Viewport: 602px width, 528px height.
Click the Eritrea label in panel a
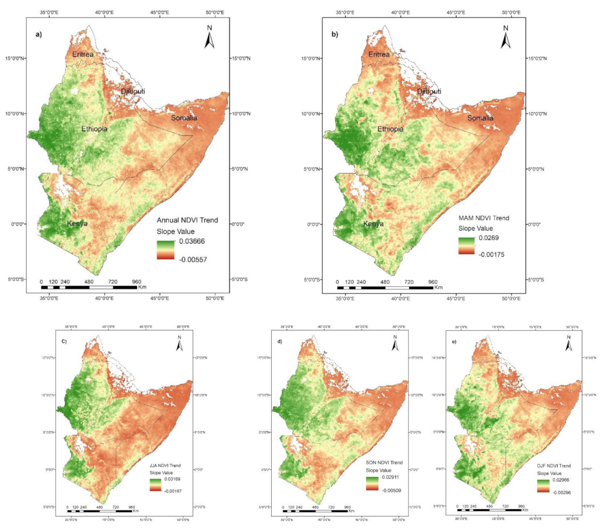click(83, 54)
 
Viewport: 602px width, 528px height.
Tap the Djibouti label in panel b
click(133, 91)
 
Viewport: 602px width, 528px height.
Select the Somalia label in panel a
click(184, 118)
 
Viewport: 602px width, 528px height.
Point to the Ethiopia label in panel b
click(390, 129)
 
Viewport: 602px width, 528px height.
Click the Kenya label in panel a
click(77, 223)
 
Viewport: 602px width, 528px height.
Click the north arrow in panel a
click(209, 37)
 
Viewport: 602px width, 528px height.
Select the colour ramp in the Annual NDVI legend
click(166, 250)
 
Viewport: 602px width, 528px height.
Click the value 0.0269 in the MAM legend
click(489, 238)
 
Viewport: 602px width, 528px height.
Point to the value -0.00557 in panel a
click(193, 259)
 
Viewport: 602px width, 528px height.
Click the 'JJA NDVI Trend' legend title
click(165, 465)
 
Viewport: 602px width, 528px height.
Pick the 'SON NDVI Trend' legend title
click(384, 463)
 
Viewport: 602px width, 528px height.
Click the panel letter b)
click(335, 34)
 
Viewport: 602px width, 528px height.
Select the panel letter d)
click(280, 342)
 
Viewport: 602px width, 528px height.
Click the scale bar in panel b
click(385, 287)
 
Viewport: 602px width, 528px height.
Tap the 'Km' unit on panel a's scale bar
click(142, 287)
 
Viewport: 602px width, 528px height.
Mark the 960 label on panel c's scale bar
click(132, 507)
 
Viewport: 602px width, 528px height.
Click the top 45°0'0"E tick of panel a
click(160, 12)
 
